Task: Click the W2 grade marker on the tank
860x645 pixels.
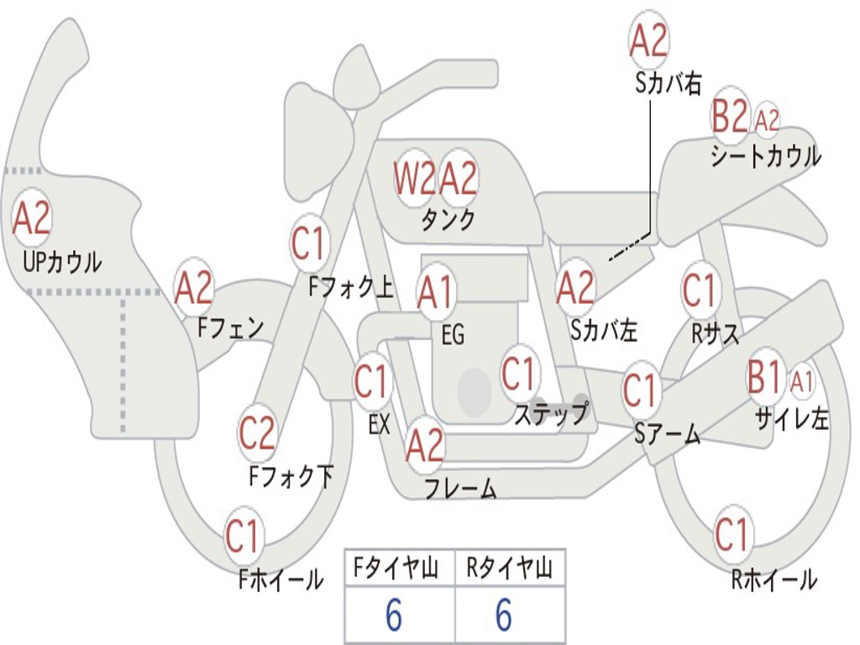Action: [415, 179]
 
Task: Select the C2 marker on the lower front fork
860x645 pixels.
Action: [257, 433]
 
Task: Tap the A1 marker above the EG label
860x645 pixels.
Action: [437, 291]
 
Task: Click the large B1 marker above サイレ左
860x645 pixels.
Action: [763, 377]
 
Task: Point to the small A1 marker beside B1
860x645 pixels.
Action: [801, 381]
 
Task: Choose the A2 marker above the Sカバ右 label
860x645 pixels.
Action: [649, 39]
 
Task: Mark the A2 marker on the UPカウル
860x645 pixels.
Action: [32, 218]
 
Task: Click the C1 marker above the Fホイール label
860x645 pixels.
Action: [243, 536]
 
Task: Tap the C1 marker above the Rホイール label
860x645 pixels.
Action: [732, 533]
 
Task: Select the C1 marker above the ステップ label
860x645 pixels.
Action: [519, 373]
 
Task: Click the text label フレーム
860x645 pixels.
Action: [461, 488]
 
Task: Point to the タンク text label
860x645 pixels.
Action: [448, 220]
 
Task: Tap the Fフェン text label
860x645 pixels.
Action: [231, 328]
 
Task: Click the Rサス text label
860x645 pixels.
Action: [715, 333]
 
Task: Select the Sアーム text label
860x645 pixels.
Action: [668, 435]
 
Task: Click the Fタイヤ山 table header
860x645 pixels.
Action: [396, 568]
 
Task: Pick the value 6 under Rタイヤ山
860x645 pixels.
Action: [504, 615]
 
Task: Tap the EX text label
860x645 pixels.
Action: [380, 424]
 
